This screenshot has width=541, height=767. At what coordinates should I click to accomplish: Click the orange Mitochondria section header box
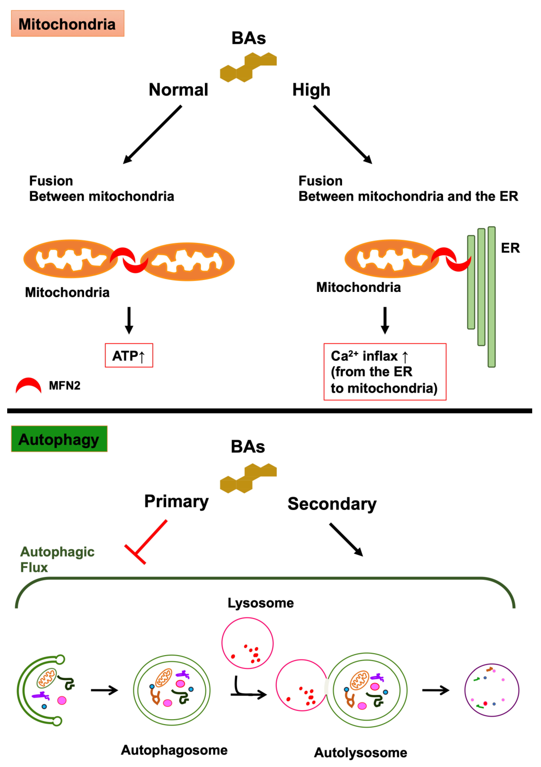pyautogui.click(x=67, y=23)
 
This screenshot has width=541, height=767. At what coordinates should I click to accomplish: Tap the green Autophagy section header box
pyautogui.click(x=59, y=439)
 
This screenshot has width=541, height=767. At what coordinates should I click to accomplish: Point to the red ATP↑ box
pyautogui.click(x=129, y=355)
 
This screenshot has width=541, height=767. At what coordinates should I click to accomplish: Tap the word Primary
pyautogui.click(x=176, y=501)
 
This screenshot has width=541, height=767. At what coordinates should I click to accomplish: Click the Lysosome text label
pyautogui.click(x=260, y=603)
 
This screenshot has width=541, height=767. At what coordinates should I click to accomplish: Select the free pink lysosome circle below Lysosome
pyautogui.click(x=247, y=643)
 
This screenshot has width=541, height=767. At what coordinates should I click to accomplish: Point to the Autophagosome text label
pyautogui.click(x=174, y=750)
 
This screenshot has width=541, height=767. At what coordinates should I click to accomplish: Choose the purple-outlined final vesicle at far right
pyautogui.click(x=492, y=690)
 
